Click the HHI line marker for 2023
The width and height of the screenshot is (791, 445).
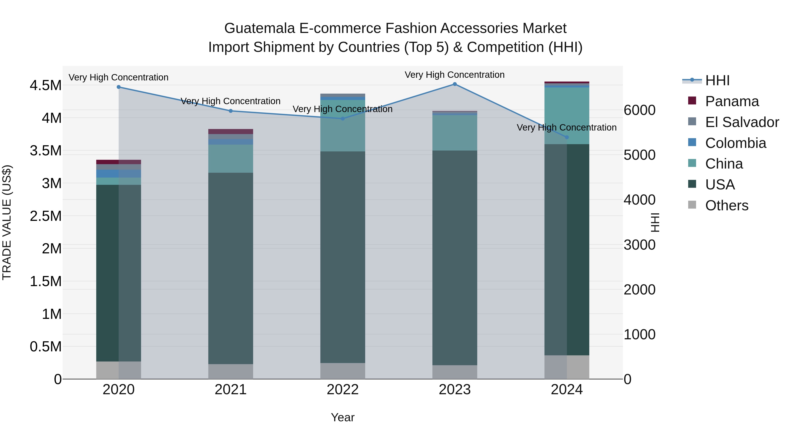pyautogui.click(x=455, y=84)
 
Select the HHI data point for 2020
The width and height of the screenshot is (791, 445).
pyautogui.click(x=118, y=87)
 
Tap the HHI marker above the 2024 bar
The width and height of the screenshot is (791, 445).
pyautogui.click(x=567, y=137)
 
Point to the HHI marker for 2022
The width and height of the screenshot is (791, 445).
pyautogui.click(x=343, y=118)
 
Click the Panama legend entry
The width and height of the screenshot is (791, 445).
pyautogui.click(x=732, y=101)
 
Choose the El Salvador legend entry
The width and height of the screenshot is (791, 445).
pyautogui.click(x=742, y=122)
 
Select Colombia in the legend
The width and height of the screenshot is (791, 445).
pyautogui.click(x=735, y=143)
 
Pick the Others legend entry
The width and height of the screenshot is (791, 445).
pyautogui.click(x=727, y=205)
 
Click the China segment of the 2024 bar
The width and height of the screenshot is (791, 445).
pyautogui.click(x=567, y=116)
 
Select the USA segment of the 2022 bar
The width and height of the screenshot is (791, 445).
pyautogui.click(x=343, y=257)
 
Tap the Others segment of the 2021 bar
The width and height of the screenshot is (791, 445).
pyautogui.click(x=231, y=371)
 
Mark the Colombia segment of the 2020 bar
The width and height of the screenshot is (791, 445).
pyautogui.click(x=118, y=174)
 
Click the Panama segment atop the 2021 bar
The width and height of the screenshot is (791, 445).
pyautogui.click(x=231, y=131)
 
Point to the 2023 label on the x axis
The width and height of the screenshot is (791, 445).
pyautogui.click(x=455, y=390)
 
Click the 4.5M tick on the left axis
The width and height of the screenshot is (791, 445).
pyautogui.click(x=45, y=85)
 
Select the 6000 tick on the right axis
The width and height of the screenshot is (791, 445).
pyautogui.click(x=640, y=110)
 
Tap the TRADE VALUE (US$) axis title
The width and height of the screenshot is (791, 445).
pyautogui.click(x=7, y=222)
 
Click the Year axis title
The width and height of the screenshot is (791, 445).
pyautogui.click(x=343, y=417)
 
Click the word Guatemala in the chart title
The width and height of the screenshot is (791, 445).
pyautogui.click(x=259, y=28)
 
